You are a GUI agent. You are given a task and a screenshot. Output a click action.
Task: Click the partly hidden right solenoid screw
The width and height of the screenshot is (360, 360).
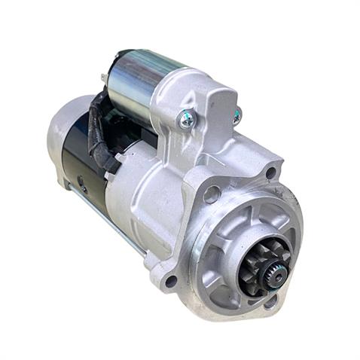[236, 115]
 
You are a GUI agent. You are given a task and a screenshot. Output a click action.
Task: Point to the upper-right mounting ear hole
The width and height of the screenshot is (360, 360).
[270, 173]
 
